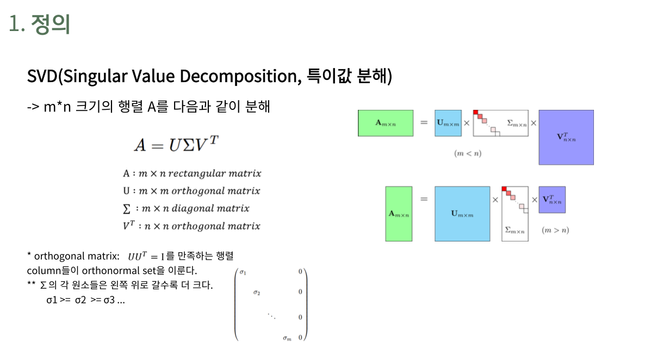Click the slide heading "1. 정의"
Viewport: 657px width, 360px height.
[40, 24]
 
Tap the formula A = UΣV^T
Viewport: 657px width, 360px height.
[177, 144]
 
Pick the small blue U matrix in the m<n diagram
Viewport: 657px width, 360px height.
[448, 123]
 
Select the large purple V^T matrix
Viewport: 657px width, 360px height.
[566, 137]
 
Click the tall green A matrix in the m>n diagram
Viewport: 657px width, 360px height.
[399, 214]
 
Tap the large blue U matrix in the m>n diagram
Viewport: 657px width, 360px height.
[462, 214]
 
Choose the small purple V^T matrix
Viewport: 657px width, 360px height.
[552, 200]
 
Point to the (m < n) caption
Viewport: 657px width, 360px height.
[468, 153]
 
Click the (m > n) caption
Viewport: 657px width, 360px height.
[555, 230]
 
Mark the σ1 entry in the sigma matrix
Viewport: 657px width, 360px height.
[243, 272]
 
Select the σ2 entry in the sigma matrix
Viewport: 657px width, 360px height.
[257, 293]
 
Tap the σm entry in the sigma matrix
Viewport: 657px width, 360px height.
[287, 338]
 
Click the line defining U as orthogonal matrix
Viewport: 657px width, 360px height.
[191, 191]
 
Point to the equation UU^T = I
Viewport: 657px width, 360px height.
[146, 256]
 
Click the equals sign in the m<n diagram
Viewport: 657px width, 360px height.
[424, 123]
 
